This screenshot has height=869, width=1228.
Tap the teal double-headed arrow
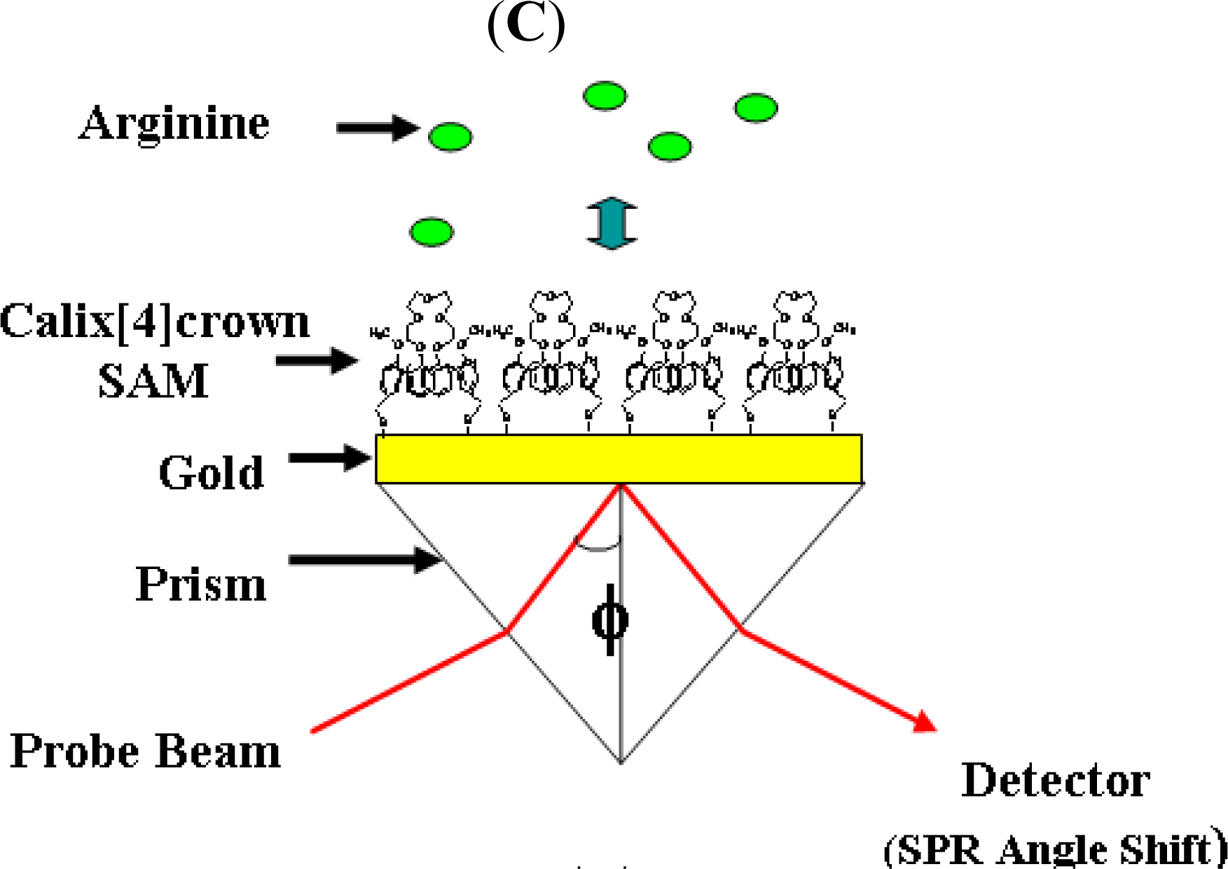click(x=612, y=223)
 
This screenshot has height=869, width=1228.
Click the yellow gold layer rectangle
click(x=619, y=459)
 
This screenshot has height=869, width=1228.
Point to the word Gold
click(x=212, y=472)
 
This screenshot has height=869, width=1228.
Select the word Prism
click(x=201, y=583)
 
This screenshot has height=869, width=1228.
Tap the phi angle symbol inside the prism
click(x=610, y=620)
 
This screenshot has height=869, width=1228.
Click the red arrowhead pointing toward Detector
click(x=926, y=722)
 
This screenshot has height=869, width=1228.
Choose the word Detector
click(x=1055, y=779)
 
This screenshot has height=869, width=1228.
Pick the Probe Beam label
click(x=146, y=751)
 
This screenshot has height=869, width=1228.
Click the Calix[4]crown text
click(x=155, y=322)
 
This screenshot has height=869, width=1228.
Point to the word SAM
click(x=153, y=381)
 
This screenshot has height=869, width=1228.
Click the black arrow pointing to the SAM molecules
click(x=317, y=361)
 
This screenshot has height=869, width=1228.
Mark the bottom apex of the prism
click(x=621, y=761)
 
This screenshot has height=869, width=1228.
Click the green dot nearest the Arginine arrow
click(x=450, y=137)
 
